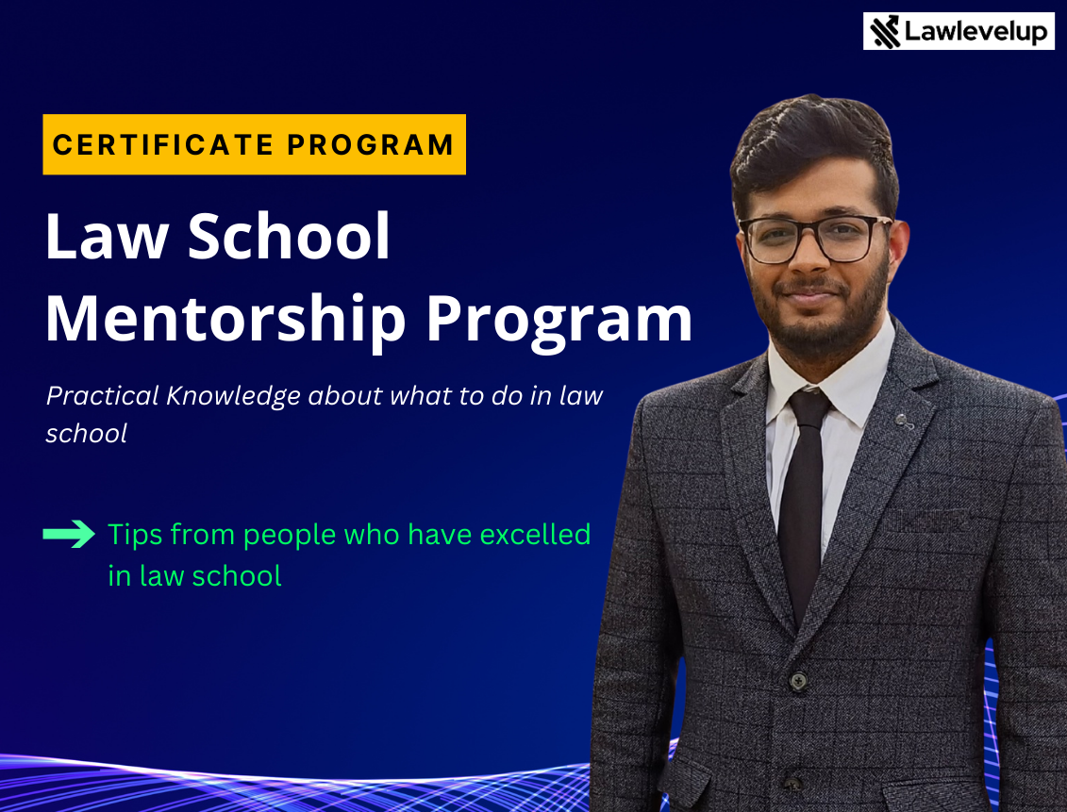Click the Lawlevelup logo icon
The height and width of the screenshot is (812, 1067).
(x=885, y=32)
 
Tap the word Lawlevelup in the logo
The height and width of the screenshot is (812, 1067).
(x=975, y=32)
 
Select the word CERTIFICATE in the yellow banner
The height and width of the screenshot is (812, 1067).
(x=163, y=144)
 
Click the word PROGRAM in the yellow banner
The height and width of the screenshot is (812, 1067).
(x=370, y=144)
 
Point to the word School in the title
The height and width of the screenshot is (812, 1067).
(x=289, y=236)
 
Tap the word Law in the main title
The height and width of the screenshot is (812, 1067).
(x=107, y=236)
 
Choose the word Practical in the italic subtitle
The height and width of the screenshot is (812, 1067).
(x=102, y=395)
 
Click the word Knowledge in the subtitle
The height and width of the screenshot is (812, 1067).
(x=233, y=396)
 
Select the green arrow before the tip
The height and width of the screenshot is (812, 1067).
(x=69, y=534)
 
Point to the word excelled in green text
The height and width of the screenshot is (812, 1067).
(x=535, y=535)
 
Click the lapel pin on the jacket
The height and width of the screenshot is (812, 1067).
(x=905, y=423)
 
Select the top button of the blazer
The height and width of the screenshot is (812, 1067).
(x=797, y=679)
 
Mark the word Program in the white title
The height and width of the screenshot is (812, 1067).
(x=559, y=320)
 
